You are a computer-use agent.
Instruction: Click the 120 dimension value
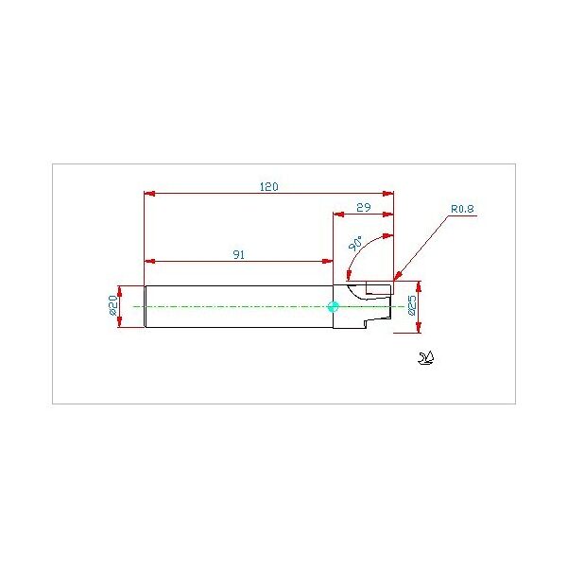click(x=269, y=187)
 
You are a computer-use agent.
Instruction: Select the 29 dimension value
click(x=364, y=208)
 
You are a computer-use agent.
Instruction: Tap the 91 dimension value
click(x=238, y=255)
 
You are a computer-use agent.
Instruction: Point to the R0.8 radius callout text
click(x=462, y=209)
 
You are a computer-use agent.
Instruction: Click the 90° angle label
click(x=355, y=244)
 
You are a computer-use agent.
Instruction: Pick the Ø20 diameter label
click(x=113, y=305)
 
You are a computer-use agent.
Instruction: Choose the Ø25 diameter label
click(x=412, y=306)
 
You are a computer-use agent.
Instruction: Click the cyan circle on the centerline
click(x=333, y=306)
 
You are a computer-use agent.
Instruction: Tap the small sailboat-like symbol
click(x=426, y=358)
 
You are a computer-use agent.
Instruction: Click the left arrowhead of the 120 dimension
click(x=149, y=194)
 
